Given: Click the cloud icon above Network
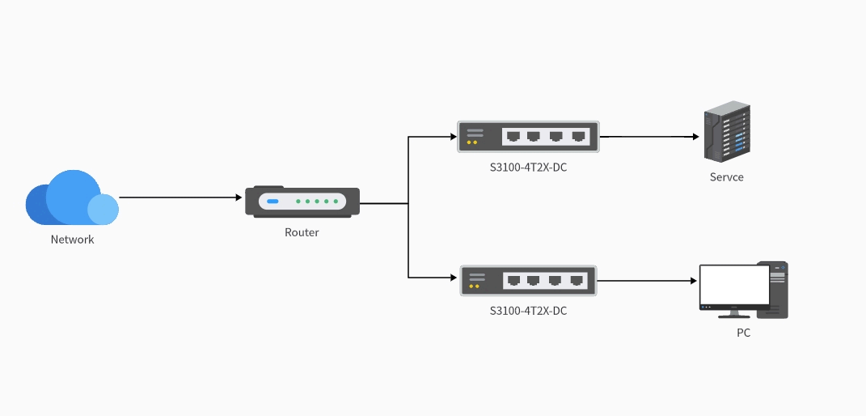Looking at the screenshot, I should [x=71, y=198].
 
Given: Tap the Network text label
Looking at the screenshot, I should [x=72, y=240].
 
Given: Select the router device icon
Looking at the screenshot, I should [x=302, y=202].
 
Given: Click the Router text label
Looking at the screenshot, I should [x=302, y=232].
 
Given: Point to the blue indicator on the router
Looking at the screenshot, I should [x=272, y=201].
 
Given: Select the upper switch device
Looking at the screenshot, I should [x=528, y=137].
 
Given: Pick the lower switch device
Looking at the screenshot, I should [x=528, y=281].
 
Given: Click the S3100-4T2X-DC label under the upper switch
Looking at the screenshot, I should [x=528, y=168].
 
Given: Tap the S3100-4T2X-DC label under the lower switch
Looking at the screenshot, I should [x=528, y=310].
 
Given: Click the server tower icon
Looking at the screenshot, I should [x=725, y=132].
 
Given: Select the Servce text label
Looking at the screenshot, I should [x=726, y=177].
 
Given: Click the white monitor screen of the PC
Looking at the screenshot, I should [x=733, y=283].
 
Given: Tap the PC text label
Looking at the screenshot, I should [x=743, y=332].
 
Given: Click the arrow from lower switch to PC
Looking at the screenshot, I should [x=647, y=281].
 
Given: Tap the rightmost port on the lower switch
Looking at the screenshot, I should [x=577, y=280].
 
